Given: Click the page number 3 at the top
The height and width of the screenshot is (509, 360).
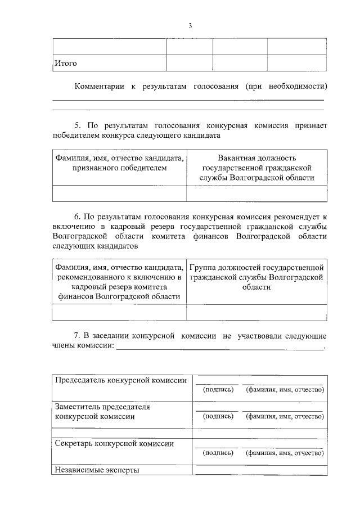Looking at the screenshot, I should [x=190, y=25].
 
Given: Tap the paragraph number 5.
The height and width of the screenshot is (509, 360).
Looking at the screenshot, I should [x=78, y=125].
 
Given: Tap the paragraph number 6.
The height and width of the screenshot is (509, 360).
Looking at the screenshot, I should [x=78, y=215].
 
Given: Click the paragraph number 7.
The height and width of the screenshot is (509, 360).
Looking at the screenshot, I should [x=78, y=336].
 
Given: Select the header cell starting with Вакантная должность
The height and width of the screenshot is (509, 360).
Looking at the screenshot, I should [x=256, y=168].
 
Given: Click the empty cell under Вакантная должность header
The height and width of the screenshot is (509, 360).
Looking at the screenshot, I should [x=256, y=193].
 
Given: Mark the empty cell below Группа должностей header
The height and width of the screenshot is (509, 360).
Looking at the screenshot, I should [x=256, y=312].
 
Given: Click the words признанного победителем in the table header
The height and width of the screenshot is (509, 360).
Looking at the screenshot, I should [x=119, y=168].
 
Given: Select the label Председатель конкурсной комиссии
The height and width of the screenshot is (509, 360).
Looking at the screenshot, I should [x=120, y=380].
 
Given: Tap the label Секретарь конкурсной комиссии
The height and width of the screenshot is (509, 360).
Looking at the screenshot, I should [x=114, y=443].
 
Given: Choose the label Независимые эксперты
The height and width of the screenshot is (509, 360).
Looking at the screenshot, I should [x=97, y=470].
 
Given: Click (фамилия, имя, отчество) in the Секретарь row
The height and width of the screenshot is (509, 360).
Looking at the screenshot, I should [x=285, y=452].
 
